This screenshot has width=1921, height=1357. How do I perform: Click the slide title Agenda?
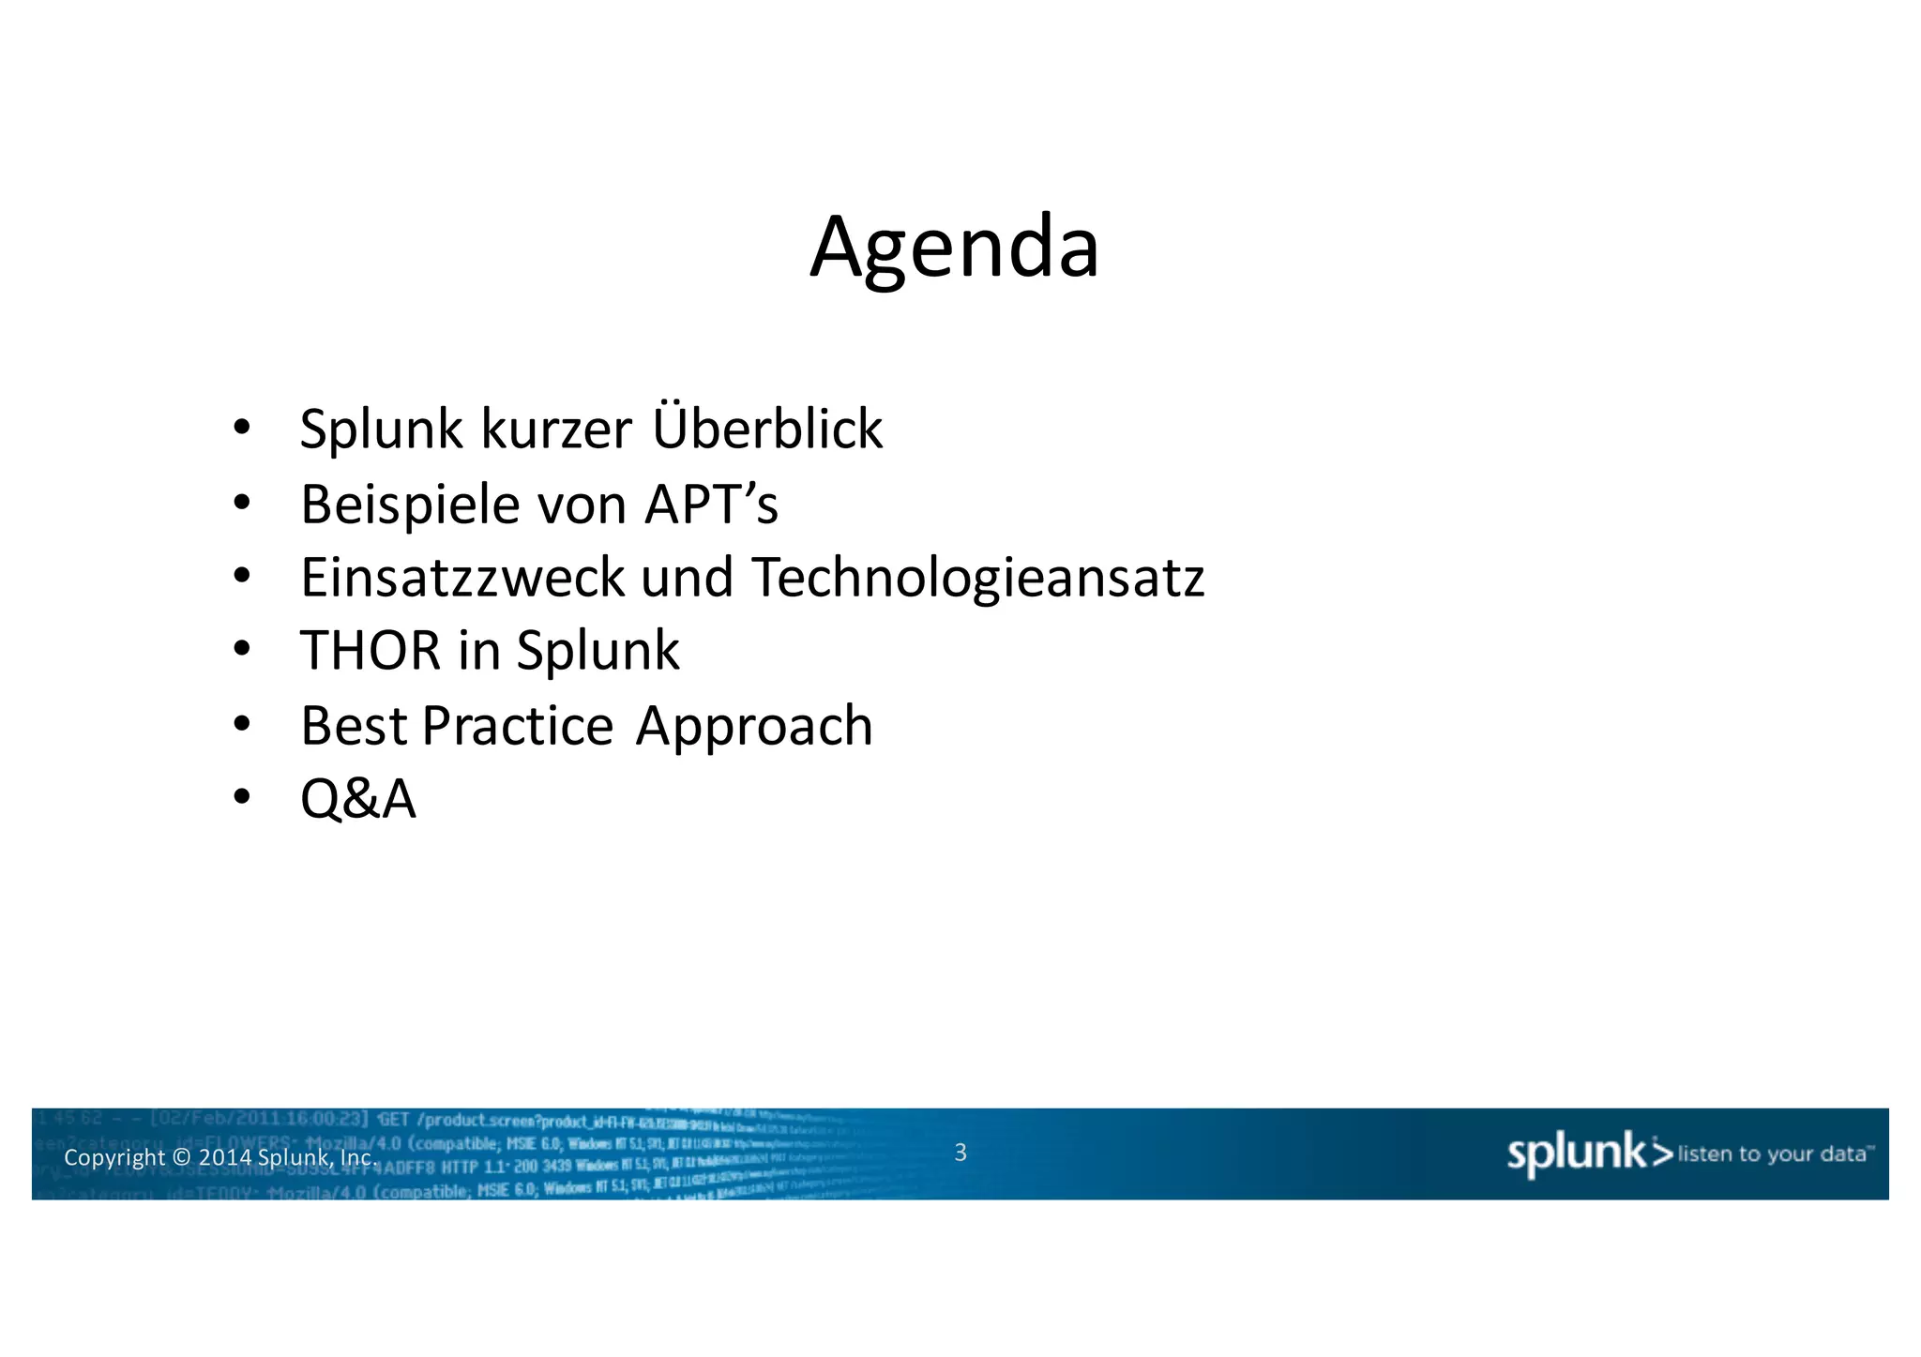(x=954, y=248)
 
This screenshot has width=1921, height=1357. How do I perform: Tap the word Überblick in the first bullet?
(x=766, y=429)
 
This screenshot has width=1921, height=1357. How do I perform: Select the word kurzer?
(x=556, y=430)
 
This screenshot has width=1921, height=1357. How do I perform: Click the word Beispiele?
(x=411, y=505)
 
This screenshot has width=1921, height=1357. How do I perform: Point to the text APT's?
(x=710, y=505)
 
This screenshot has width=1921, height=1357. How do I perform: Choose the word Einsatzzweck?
(x=461, y=577)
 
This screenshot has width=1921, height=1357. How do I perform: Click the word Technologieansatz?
(x=977, y=579)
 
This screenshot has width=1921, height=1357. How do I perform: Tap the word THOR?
(x=370, y=650)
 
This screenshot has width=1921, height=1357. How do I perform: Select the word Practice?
(x=518, y=725)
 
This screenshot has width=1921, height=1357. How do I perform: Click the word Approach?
(x=753, y=727)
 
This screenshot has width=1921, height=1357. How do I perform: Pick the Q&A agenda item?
(x=357, y=799)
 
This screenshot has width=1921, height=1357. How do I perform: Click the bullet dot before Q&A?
(x=242, y=798)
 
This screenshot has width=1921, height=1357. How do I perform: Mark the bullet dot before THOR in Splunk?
(x=242, y=649)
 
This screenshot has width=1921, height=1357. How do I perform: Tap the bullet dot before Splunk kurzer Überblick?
(x=242, y=428)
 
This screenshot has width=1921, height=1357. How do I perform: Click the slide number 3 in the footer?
(x=960, y=1153)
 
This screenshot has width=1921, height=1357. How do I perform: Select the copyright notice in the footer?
(x=219, y=1157)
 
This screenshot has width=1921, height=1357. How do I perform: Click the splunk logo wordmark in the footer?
(x=1576, y=1153)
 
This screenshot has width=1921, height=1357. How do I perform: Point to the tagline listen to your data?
(x=1772, y=1153)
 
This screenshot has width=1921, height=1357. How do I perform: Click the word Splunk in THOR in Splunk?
(x=597, y=651)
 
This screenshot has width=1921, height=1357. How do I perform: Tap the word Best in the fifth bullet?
(x=354, y=725)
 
